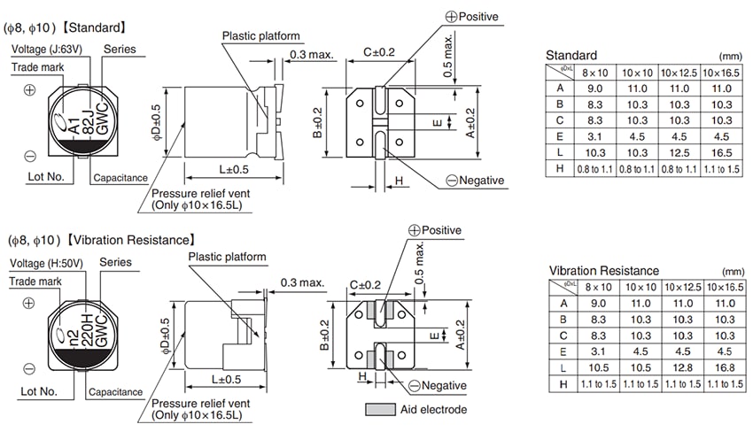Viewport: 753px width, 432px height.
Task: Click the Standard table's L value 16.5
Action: (720, 152)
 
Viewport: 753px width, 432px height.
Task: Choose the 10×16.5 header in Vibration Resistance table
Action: (723, 287)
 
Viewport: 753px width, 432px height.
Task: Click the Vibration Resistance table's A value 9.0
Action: (601, 303)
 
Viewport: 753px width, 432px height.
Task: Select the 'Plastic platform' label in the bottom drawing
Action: (227, 257)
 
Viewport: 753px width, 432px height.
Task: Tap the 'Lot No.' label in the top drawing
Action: (45, 176)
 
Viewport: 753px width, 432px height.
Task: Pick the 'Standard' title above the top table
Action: (571, 55)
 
